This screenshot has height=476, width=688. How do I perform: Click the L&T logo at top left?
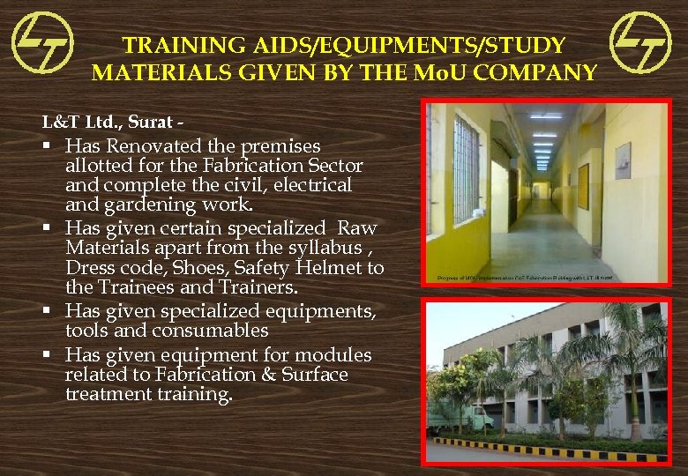pos(41,41)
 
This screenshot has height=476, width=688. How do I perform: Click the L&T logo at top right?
pos(640,41)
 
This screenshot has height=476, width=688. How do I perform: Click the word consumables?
pos(220,331)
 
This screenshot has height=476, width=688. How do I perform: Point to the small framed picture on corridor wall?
pos(623,160)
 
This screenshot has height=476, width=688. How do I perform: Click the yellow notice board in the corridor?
pos(583,185)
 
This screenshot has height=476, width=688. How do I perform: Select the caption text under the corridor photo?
pos(526,278)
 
